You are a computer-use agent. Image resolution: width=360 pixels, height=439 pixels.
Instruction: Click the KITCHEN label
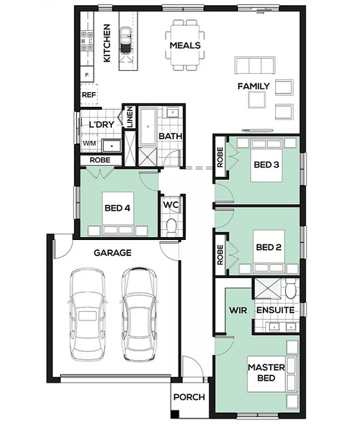[x=107, y=43]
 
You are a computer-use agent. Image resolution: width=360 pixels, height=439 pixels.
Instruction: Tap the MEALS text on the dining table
[x=185, y=45]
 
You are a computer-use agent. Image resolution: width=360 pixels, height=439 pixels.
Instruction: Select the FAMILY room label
[x=254, y=86]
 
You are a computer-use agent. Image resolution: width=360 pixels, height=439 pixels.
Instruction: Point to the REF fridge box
[x=89, y=94]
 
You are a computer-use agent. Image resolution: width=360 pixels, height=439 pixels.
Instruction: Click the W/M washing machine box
[x=89, y=143]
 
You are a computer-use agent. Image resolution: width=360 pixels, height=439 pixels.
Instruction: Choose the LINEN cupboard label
[x=130, y=117]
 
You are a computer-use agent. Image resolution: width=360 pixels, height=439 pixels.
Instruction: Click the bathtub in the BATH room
[x=148, y=127]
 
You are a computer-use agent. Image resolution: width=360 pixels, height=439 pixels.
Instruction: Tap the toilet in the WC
[x=171, y=226]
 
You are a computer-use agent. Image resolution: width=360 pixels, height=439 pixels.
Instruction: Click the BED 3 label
[x=266, y=165]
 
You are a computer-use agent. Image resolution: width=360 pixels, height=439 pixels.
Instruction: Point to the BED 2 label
[x=269, y=247]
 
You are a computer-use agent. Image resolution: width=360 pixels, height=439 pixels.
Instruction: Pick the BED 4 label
[x=117, y=208]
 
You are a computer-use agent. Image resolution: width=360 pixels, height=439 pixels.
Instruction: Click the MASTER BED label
[x=266, y=372]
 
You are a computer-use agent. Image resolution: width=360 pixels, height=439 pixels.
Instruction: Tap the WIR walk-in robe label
[x=238, y=310]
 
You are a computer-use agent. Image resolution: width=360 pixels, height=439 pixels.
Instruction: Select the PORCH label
[x=189, y=397]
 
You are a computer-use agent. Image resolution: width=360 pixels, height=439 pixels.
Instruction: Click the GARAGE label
[x=113, y=253]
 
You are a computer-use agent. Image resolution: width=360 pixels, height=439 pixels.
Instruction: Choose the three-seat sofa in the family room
[x=255, y=66]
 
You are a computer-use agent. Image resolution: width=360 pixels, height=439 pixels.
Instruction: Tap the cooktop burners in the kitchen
[x=87, y=40]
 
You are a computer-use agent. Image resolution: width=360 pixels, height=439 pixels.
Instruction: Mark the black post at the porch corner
[x=175, y=414]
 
